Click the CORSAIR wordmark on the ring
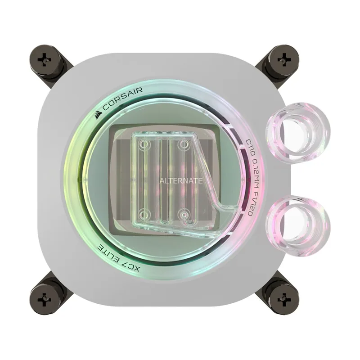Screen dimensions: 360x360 coord(122,99)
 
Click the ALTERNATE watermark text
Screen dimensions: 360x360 coord(181,181)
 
